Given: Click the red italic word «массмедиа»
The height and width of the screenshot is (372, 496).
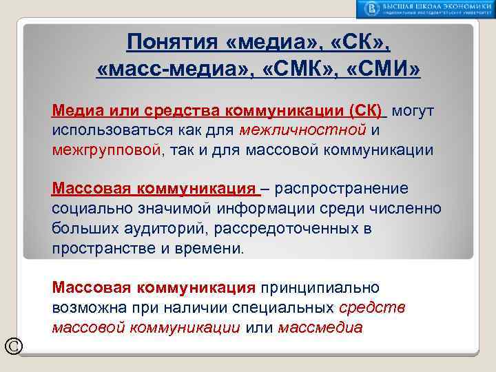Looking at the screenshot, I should pyautogui.click(x=320, y=327).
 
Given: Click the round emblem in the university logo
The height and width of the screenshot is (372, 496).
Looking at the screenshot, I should pyautogui.click(x=372, y=8).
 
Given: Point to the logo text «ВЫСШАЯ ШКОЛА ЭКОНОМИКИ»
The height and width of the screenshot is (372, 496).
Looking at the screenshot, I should pyautogui.click(x=435, y=6).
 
